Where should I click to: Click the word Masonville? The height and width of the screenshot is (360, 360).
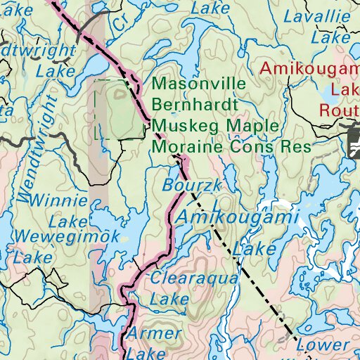point(198,84)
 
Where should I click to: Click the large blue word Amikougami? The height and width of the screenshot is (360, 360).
point(235,218)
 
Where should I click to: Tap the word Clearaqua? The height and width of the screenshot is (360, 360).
point(195,278)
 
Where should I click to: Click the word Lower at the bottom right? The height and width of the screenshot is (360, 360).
point(322,345)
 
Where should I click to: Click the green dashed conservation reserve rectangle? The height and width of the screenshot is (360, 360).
point(117,110)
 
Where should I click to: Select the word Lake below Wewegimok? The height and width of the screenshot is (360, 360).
point(33,258)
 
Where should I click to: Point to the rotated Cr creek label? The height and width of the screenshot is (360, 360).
point(126,20)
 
